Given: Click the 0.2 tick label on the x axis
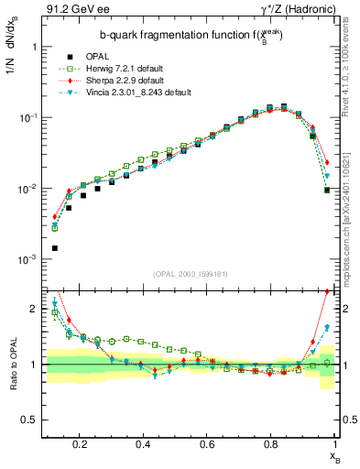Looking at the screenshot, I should (81, 444).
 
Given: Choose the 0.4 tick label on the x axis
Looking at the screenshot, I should (143, 444).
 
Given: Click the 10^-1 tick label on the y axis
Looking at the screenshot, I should (27, 117).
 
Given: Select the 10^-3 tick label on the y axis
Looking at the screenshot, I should (27, 259).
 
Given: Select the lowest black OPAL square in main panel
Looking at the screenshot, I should (54, 248).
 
